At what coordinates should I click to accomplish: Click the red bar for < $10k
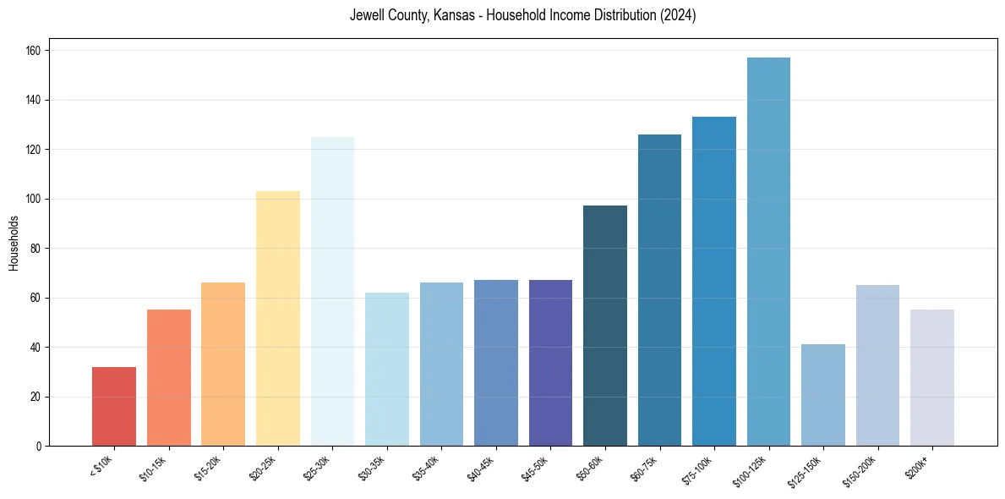(x=114, y=406)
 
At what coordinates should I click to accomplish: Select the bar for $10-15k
(x=169, y=378)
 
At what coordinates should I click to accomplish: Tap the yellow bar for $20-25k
(x=278, y=318)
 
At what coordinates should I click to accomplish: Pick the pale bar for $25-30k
(x=332, y=291)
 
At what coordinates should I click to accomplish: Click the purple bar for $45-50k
(x=550, y=363)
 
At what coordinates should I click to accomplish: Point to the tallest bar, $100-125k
(x=768, y=251)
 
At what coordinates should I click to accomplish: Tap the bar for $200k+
(x=932, y=378)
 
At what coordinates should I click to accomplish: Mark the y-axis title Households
(x=14, y=242)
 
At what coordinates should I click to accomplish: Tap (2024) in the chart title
(x=680, y=15)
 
